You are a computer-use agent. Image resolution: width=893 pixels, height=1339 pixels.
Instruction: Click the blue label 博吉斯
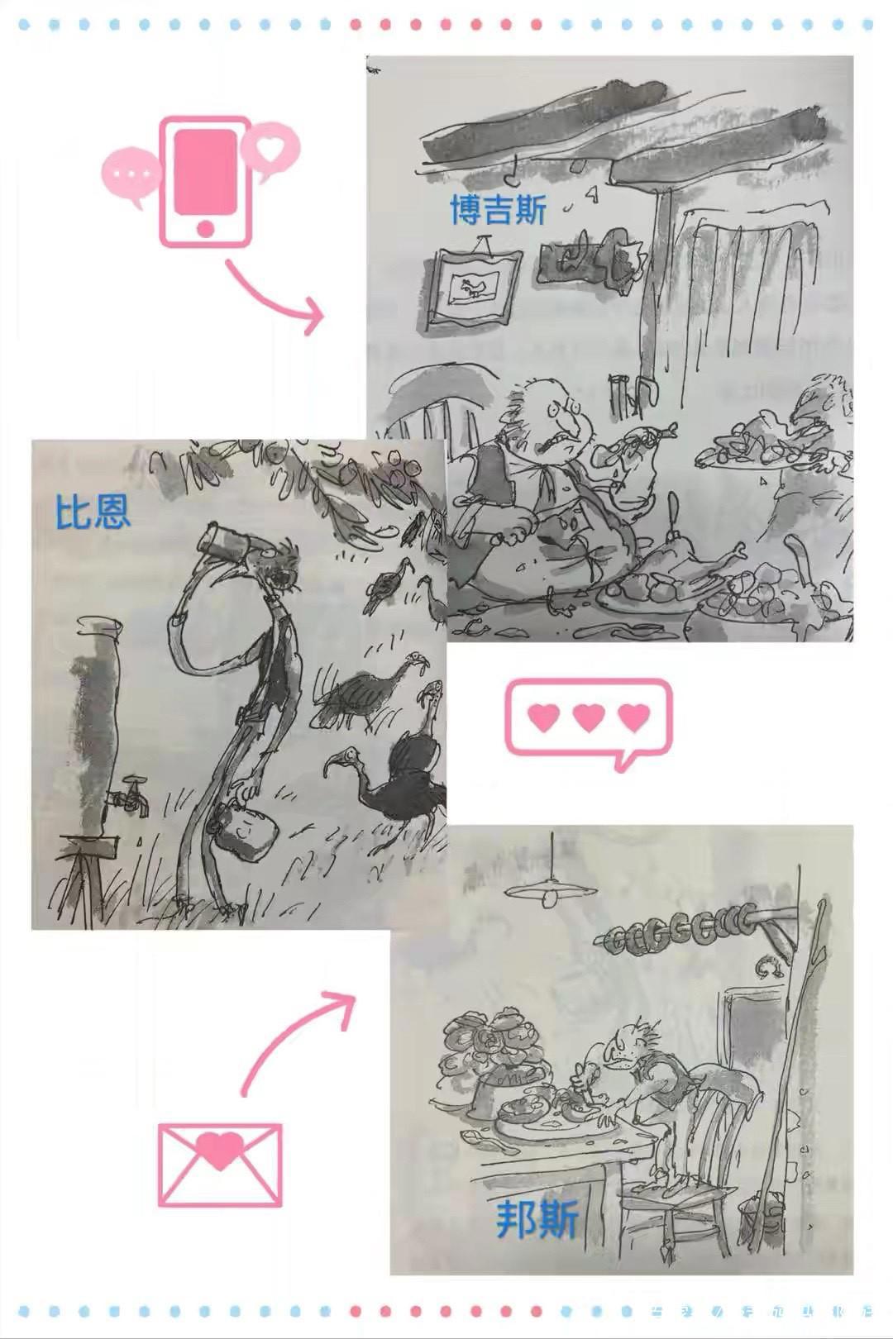(498, 210)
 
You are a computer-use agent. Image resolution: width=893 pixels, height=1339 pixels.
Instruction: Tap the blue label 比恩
(93, 511)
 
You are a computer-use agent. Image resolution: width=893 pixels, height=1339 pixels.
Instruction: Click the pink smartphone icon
(204, 181)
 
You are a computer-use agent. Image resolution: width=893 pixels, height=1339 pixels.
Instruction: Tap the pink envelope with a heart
(219, 1163)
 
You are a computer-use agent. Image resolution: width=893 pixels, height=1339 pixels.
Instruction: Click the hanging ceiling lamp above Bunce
(551, 890)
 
